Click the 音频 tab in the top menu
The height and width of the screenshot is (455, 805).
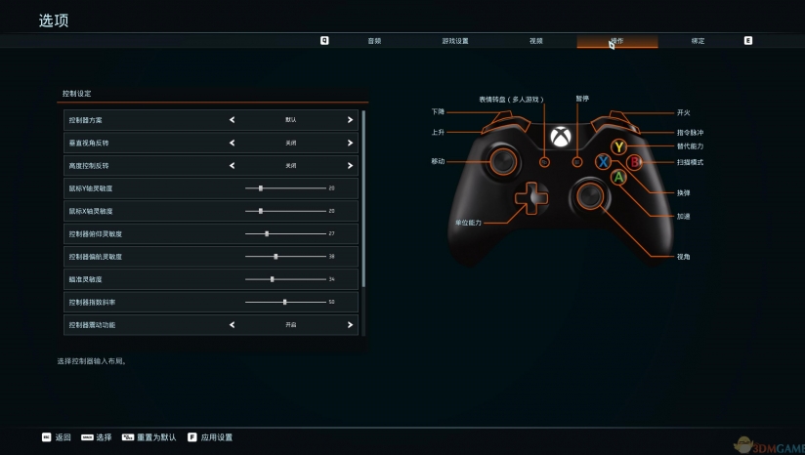coord(374,41)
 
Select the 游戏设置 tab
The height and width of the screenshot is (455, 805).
coord(455,41)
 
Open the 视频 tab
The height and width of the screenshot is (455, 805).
coord(536,41)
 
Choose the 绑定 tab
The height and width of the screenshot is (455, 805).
coord(698,41)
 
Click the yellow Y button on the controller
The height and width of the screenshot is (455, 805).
coord(617,146)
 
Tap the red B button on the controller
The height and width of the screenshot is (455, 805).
coord(633,162)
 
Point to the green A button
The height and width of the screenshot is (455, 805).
coord(618,178)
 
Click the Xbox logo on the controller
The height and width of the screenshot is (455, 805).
coord(561,137)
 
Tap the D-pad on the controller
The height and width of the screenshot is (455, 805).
coord(532,196)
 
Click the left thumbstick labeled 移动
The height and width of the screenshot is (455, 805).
coord(505,160)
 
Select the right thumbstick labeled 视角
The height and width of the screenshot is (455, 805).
coord(590,196)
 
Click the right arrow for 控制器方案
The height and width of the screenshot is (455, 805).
coord(350,120)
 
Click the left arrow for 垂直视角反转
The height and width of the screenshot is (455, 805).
coord(233,143)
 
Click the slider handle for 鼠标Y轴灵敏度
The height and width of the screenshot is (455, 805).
coord(261,187)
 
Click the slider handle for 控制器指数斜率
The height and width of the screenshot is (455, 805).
coord(284,302)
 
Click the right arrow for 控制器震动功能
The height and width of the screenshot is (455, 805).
coord(350,324)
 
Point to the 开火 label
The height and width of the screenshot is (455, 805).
coord(683,112)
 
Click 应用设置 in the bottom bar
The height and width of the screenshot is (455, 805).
coord(216,437)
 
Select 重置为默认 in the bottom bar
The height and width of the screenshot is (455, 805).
coord(156,437)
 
